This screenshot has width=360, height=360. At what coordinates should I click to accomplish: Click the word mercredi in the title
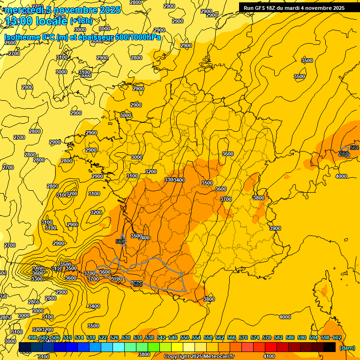pyautogui.click(x=23, y=10)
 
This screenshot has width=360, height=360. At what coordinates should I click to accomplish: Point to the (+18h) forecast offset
pyautogui.click(x=81, y=21)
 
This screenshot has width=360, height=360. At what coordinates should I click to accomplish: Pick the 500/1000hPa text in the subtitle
pyautogui.click(x=138, y=37)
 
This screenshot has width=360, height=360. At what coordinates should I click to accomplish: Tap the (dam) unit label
pyautogui.click(x=347, y=347)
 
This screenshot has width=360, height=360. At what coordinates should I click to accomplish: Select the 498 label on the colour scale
pyautogui.click(x=32, y=338)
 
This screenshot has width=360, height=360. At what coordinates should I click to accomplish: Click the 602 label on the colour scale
pyautogui.click(x=337, y=338)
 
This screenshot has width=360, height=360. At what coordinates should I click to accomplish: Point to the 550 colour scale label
pyautogui.click(x=185, y=338)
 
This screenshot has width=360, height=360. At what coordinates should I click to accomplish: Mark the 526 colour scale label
pyautogui.click(x=114, y=338)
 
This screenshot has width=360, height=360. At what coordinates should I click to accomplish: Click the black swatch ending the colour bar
pyautogui.click(x=330, y=347)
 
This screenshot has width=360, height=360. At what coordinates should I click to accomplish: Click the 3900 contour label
pyautogui.click(x=275, y=228)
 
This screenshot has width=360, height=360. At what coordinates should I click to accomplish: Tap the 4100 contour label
pyautogui.click(x=269, y=356)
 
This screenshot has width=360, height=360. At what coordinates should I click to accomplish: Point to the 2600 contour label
pyautogui.click(x=10, y=43)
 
